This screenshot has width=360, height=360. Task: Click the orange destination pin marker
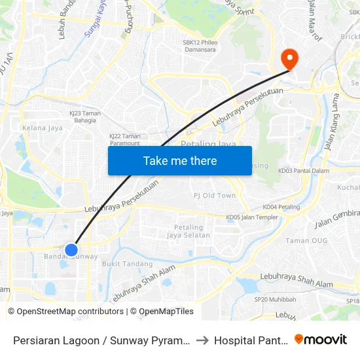[x=289, y=59]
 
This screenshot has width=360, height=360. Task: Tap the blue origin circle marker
[x=72, y=249]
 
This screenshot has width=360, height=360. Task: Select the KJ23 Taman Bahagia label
[x=84, y=117]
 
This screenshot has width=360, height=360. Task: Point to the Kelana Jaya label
[x=43, y=128]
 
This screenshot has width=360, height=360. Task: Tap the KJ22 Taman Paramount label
[x=124, y=139]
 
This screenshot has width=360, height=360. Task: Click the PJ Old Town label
[x=215, y=196]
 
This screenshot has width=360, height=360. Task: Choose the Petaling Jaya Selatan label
[x=189, y=231]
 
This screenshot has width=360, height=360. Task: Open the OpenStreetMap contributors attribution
[x=66, y=312]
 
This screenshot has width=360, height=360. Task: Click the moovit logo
[x=321, y=340]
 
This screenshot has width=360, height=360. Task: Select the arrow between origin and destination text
[x=202, y=340]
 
